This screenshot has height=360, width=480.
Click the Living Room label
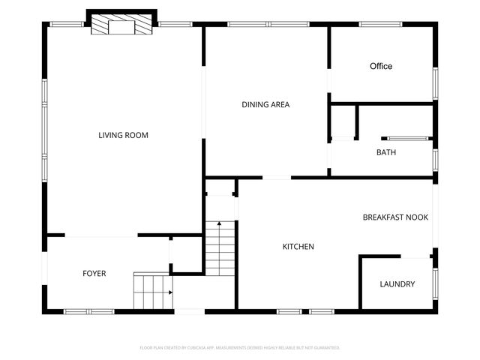123,136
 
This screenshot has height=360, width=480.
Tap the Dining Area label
265,105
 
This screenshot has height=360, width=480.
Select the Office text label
381,67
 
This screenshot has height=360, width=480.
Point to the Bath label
386,153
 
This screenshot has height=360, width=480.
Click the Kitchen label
298,247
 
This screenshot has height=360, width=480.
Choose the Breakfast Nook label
395,217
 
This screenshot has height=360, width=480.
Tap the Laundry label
397,284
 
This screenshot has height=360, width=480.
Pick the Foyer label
94,274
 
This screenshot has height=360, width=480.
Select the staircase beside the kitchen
220,247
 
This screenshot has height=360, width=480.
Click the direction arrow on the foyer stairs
171,292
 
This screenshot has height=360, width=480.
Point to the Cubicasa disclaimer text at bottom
240,348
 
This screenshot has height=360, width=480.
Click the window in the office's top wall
383,25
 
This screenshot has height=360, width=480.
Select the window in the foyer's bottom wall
88,311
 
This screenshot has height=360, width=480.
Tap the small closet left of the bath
343,121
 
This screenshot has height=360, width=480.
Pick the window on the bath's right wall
434,160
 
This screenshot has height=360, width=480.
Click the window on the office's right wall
434,83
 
